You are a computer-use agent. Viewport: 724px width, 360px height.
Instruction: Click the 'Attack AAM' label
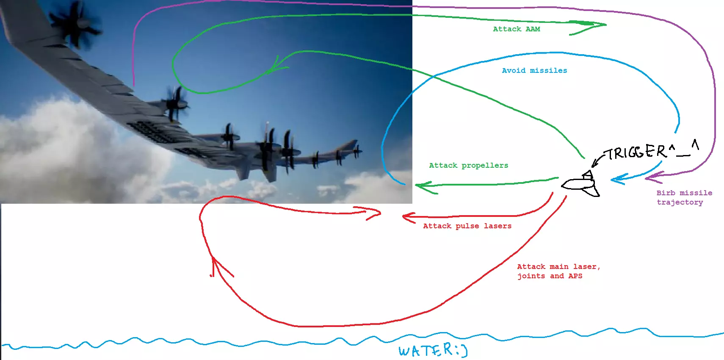[516, 29]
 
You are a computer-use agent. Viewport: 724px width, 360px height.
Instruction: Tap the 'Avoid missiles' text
[534, 71]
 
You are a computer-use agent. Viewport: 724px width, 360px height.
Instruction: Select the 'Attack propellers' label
[468, 166]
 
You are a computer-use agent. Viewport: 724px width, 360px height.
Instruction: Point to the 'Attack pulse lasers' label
[467, 226]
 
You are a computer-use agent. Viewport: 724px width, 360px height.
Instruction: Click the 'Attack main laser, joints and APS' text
[558, 271]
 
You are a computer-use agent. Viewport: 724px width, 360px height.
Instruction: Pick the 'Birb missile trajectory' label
[684, 197]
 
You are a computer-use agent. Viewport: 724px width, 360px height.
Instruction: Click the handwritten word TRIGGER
[637, 152]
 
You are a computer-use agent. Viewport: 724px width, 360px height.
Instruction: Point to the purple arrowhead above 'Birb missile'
[652, 177]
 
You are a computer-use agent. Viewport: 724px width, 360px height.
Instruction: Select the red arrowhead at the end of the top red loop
[373, 213]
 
